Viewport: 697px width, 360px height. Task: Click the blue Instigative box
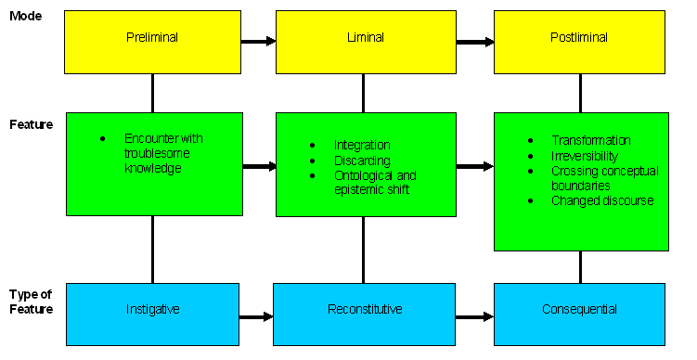pyautogui.click(x=152, y=309)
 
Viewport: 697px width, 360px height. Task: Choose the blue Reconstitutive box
pyautogui.click(x=365, y=309)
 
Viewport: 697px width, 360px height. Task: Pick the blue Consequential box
pyautogui.click(x=579, y=309)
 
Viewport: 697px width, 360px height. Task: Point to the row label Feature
pyautogui.click(x=31, y=123)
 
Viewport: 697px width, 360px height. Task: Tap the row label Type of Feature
pyautogui.click(x=31, y=302)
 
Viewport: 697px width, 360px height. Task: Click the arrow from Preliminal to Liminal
pyautogui.click(x=259, y=41)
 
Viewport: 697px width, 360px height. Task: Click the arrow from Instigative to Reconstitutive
pyautogui.click(x=256, y=316)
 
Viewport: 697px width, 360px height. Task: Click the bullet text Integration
pyautogui.click(x=362, y=146)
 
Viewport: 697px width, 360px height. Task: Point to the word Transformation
pyautogui.click(x=590, y=140)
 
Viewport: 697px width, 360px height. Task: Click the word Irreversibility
pyautogui.click(x=586, y=155)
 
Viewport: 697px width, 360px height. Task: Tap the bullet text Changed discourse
pyautogui.click(x=602, y=200)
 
